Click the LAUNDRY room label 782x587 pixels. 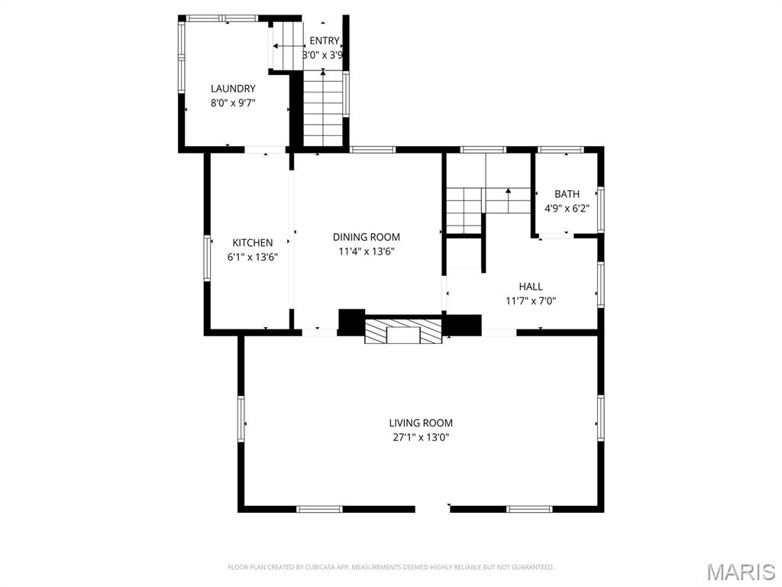(233, 89)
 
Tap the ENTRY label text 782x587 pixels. (324, 41)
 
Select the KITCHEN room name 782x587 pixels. (252, 243)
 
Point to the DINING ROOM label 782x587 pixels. (366, 237)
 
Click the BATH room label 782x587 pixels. (567, 194)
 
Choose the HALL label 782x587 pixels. (531, 287)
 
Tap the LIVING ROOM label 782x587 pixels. (421, 423)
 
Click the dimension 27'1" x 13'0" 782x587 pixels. (421, 438)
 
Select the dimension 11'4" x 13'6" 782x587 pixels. (367, 251)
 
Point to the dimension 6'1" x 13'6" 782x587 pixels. (252, 258)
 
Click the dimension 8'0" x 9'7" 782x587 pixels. (233, 103)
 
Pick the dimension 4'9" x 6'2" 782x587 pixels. (567, 209)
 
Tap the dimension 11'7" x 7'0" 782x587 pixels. (531, 301)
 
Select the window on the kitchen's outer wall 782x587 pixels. (207, 258)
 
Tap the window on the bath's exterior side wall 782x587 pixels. (601, 209)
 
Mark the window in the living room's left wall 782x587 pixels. (241, 419)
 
